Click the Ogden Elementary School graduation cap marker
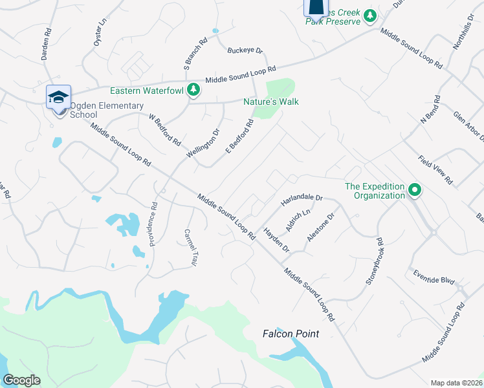[58, 98]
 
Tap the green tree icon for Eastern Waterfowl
[193, 91]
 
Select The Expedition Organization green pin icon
[415, 191]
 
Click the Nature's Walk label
[271, 102]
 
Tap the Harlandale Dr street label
[302, 199]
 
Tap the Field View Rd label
[435, 170]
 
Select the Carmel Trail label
[190, 247]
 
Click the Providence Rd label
[153, 224]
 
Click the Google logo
[21, 380]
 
